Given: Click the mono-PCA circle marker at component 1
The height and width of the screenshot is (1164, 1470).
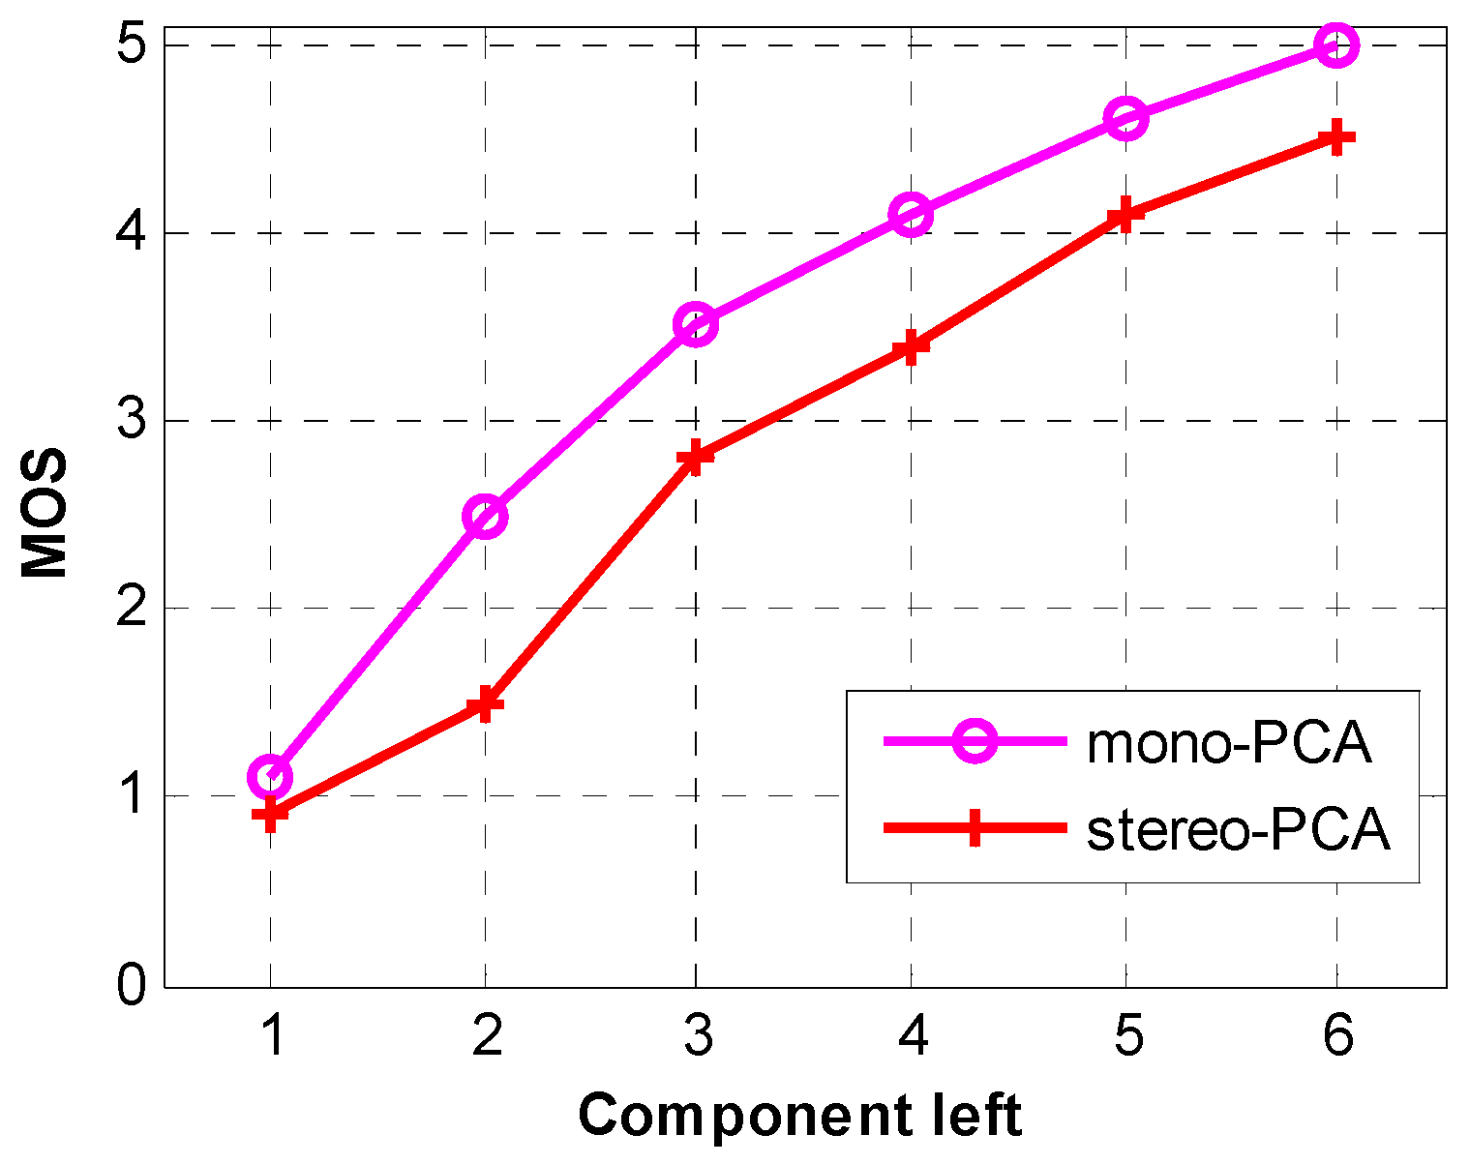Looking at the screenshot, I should click(271, 776).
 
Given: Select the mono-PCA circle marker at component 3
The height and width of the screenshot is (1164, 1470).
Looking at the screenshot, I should click(696, 324).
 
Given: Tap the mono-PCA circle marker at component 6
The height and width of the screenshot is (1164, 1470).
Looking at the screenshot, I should click(1336, 45).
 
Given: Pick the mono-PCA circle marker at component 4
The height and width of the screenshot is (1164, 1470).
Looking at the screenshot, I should click(911, 214).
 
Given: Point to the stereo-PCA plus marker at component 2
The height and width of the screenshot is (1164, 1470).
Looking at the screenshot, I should click(485, 703).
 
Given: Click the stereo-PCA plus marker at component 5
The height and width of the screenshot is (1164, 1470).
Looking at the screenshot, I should click(1125, 214).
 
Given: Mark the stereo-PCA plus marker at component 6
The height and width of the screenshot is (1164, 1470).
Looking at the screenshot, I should click(1336, 137).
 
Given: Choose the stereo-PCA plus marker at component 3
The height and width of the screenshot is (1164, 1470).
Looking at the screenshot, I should click(696, 457).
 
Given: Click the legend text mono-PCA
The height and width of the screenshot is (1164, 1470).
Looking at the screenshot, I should click(1229, 743).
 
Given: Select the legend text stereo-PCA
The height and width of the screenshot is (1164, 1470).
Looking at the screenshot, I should click(1239, 830).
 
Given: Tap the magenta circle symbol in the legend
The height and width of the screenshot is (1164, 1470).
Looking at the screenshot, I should click(975, 742).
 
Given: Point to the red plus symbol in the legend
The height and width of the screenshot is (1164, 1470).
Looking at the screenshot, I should click(975, 829).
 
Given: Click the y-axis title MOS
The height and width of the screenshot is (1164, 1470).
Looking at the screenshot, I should click(45, 513).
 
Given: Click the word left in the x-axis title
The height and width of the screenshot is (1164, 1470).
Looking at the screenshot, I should click(973, 1114).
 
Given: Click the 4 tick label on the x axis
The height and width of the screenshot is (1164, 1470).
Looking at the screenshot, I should click(912, 1037).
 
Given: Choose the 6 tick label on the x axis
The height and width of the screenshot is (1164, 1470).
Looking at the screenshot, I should click(1336, 1037).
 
